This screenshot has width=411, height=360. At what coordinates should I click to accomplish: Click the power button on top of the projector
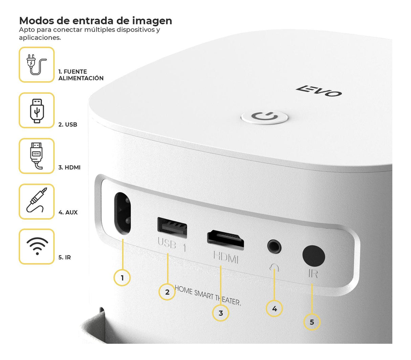pos(264,117)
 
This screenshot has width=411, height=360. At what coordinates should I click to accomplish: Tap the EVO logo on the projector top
pos(319,91)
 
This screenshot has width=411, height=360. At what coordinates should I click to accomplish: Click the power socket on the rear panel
pos(122,213)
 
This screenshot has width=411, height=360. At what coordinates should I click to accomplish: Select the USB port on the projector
pos(172,227)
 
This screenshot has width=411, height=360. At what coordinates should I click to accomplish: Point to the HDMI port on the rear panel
pos(225,240)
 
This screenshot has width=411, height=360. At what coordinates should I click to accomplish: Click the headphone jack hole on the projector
pos(274,246)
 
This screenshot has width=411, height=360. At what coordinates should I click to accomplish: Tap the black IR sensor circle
pos(313,255)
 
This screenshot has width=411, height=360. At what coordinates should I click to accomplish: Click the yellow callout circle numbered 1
pos(122,278)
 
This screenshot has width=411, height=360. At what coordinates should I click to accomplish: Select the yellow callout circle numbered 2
pos(167,292)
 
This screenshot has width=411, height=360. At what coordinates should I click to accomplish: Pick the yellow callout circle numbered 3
pos(221,313)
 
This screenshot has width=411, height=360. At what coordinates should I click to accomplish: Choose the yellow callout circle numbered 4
pos(275,309)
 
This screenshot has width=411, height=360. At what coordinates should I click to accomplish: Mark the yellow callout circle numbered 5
pos(311,322)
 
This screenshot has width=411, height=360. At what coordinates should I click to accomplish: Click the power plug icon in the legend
pos(36,64)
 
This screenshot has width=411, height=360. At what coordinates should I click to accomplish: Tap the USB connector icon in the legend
pos(37,111)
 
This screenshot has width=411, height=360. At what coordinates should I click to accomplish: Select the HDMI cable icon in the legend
pos(37,156)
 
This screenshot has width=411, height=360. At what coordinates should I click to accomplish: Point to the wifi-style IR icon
pos(37,246)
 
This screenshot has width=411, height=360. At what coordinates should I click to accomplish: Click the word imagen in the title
pos(152,21)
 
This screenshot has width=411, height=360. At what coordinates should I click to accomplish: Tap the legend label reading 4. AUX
pos(68,212)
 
